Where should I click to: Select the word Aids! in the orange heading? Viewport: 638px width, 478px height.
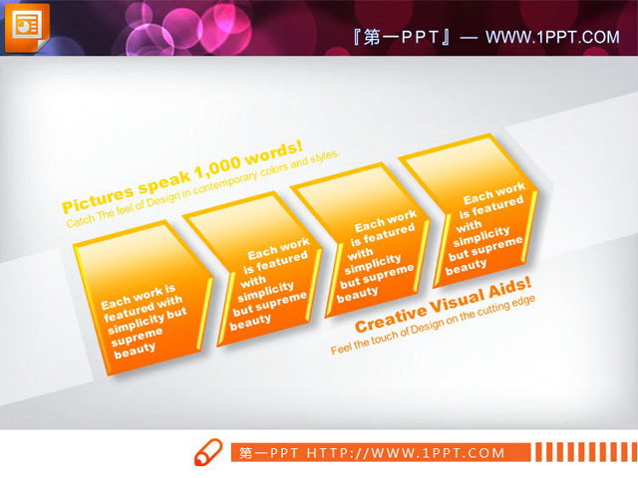(511, 290)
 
